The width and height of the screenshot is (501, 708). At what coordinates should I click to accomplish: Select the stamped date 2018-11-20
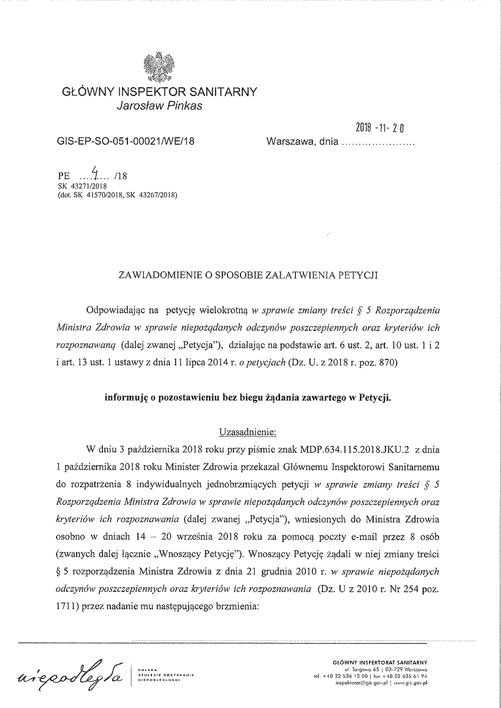383,127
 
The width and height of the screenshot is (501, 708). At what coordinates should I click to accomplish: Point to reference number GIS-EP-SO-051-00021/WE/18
126,141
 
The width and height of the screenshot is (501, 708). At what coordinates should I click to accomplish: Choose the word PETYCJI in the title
358,274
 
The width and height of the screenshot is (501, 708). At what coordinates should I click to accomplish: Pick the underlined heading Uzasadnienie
247,431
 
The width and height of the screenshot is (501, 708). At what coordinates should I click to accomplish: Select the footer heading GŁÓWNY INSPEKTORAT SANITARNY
380,663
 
